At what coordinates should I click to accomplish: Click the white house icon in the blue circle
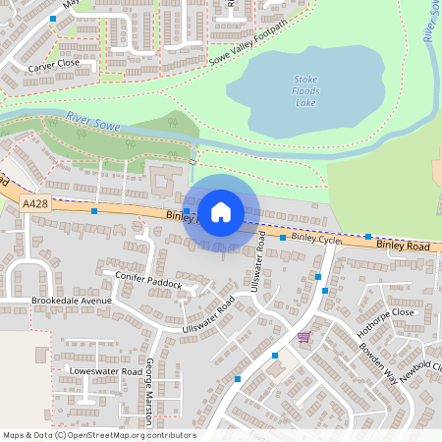point(221,211)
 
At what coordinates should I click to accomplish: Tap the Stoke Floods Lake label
point(306,90)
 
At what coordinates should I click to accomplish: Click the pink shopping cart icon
point(304,337)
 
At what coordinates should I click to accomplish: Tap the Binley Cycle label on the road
point(315,239)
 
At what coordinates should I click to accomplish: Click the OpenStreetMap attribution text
point(99,435)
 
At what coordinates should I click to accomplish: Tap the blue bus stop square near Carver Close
point(52,19)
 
